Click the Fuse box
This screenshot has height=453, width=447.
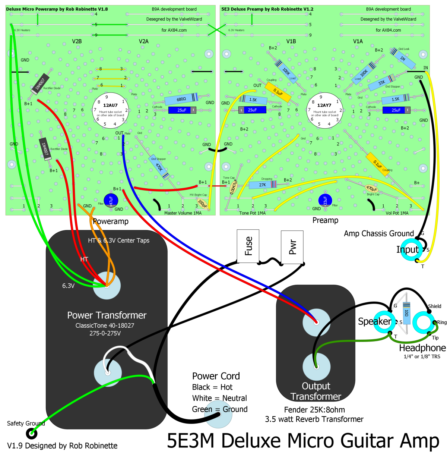248,246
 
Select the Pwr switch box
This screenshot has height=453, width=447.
292,246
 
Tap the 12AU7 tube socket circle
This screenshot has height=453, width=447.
110,110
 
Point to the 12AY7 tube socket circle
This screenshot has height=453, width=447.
324,110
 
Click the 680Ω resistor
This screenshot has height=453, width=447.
181,99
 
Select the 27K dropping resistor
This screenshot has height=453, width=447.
263,185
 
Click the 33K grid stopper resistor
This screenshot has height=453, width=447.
381,83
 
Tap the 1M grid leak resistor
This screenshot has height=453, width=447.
403,58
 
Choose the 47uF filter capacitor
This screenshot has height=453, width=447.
111,200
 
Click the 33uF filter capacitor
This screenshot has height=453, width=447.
325,200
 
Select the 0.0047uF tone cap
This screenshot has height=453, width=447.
233,187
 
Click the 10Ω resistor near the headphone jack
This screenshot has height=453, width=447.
406,313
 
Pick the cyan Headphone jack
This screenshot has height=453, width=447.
424,323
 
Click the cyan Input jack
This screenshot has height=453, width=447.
411,249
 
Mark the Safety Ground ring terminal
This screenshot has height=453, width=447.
32,433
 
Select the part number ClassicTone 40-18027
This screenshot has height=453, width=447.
105,325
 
